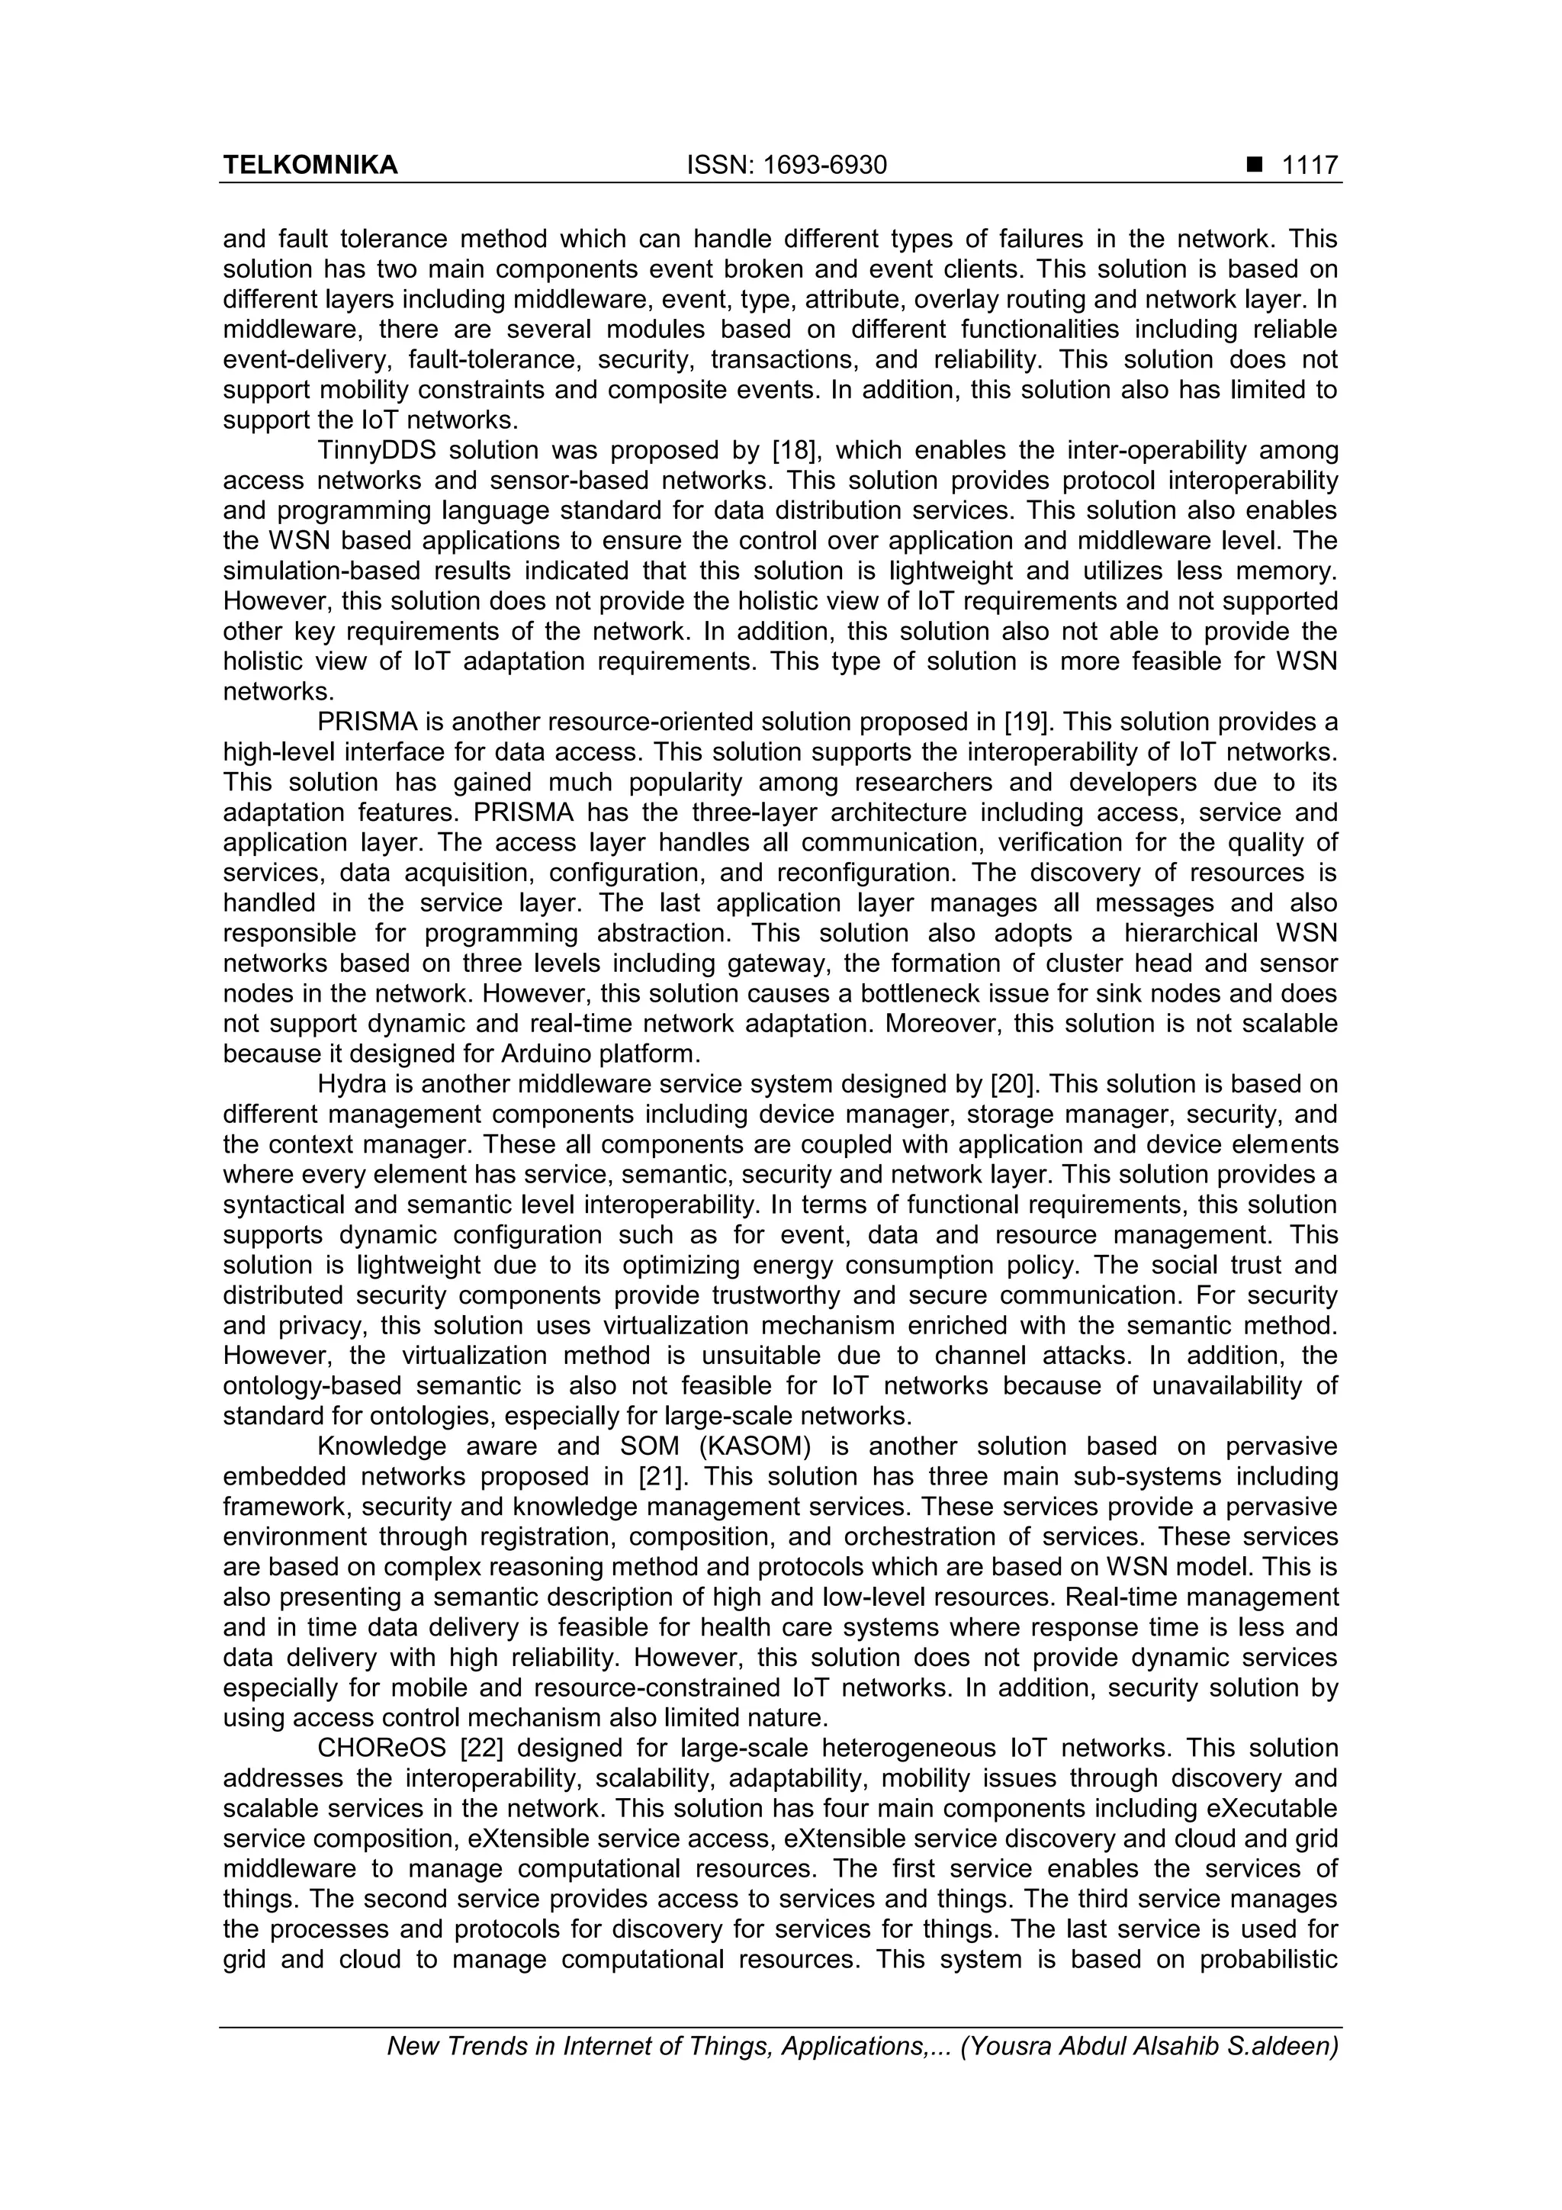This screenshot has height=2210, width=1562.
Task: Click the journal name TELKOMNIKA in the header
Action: [310, 166]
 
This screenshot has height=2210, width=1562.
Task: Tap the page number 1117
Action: [1309, 166]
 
